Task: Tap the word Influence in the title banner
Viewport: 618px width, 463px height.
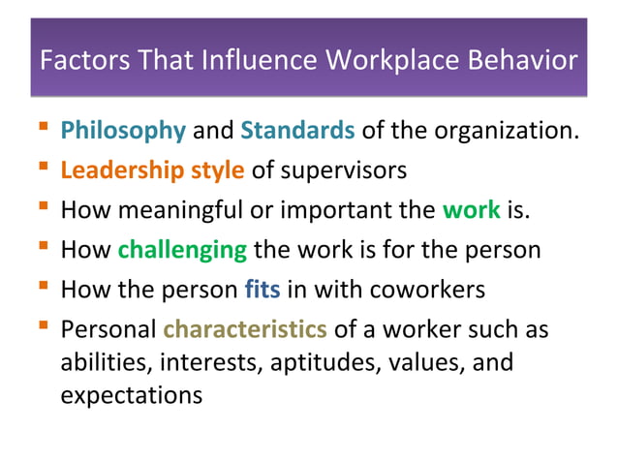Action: (x=256, y=61)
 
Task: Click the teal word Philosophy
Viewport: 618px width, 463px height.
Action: (x=123, y=131)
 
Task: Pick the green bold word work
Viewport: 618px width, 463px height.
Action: (x=471, y=210)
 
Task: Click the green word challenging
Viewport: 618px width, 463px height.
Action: (x=182, y=250)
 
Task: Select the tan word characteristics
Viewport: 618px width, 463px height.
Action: (x=244, y=329)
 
